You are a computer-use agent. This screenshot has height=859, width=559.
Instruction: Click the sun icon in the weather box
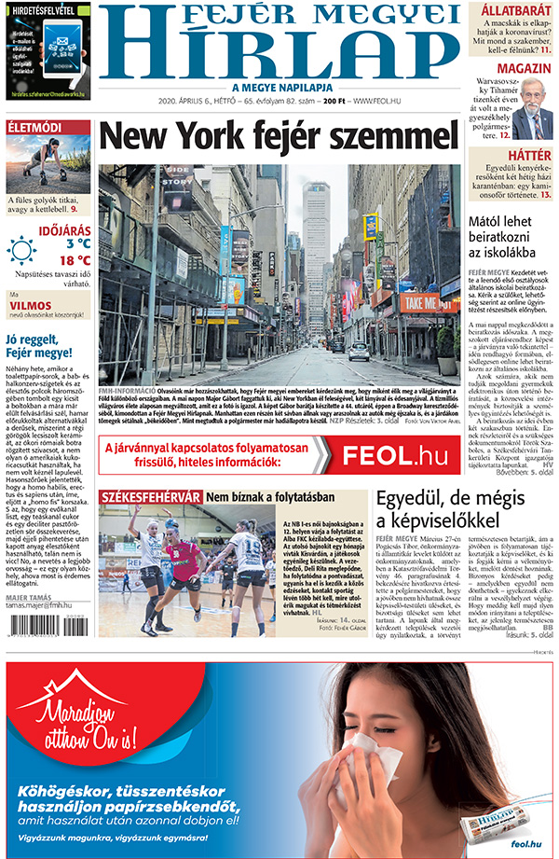[x=21, y=250]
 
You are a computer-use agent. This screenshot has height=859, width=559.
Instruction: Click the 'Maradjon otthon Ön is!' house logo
[x=75, y=719]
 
